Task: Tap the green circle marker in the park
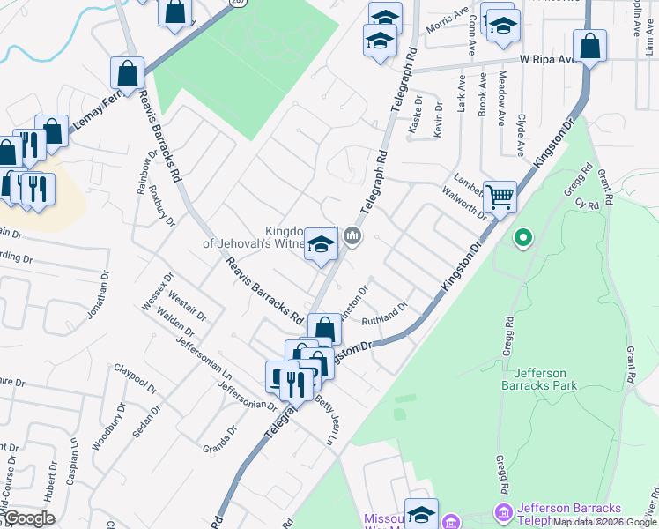pyautogui.click(x=522, y=237)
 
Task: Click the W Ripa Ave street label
pyautogui.click(x=546, y=60)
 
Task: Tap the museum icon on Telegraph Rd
pyautogui.click(x=353, y=235)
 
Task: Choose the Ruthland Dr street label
pyautogui.click(x=384, y=314)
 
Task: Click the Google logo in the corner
pyautogui.click(x=30, y=518)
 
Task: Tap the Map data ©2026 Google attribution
pyautogui.click(x=604, y=522)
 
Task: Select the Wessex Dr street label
pyautogui.click(x=155, y=292)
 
